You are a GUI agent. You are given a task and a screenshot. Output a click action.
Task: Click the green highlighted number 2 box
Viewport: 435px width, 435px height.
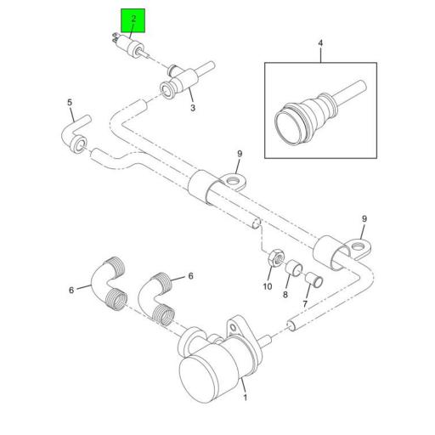pyautogui.click(x=133, y=21)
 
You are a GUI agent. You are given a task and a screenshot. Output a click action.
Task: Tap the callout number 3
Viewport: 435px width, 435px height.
pyautogui.click(x=193, y=109)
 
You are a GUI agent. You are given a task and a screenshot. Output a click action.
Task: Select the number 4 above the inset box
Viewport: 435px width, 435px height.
pyautogui.click(x=321, y=42)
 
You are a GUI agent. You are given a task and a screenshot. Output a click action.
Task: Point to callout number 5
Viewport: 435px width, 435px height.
pyautogui.click(x=70, y=103)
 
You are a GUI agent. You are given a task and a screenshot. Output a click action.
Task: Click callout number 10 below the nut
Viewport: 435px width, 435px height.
pyautogui.click(x=267, y=285)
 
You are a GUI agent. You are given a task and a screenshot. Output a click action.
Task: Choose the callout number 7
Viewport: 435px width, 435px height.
pyautogui.click(x=307, y=303)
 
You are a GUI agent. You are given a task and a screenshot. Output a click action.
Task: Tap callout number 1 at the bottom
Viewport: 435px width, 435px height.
pyautogui.click(x=246, y=397)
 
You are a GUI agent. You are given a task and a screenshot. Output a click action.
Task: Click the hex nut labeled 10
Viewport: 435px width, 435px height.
pyautogui.click(x=274, y=257)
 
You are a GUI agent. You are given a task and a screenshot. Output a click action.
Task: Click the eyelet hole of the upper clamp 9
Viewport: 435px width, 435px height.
pyautogui.click(x=234, y=178)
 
